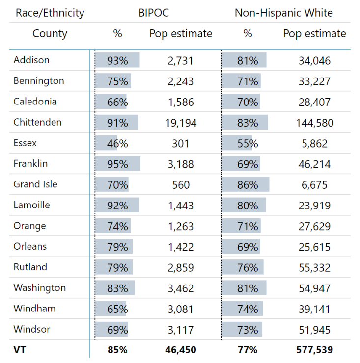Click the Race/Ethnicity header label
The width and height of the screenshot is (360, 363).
[x=50, y=13]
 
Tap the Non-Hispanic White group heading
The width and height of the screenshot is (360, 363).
[x=283, y=13]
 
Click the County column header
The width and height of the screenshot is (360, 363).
[x=50, y=34]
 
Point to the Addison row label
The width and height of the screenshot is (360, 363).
[x=31, y=60]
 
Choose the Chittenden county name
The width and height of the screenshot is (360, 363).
[x=37, y=122]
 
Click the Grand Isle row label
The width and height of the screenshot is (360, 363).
[x=35, y=184]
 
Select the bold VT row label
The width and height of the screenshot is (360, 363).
[x=20, y=350]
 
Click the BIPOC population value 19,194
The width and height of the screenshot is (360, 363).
[x=181, y=123]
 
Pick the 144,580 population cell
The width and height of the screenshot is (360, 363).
[x=314, y=123]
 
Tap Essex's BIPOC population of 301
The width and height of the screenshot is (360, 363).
[x=181, y=144]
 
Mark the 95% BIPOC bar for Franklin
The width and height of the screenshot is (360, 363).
[x=118, y=164]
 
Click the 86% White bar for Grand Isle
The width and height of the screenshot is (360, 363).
[x=246, y=185]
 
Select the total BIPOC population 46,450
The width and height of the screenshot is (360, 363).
[x=181, y=350]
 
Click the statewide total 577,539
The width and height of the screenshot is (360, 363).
[x=314, y=350]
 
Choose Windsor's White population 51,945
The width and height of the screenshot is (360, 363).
[x=314, y=329]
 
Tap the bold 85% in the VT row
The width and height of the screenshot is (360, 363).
[x=117, y=350]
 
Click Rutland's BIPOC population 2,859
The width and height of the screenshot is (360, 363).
[x=181, y=267]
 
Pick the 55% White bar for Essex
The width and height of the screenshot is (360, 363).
[x=238, y=144]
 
